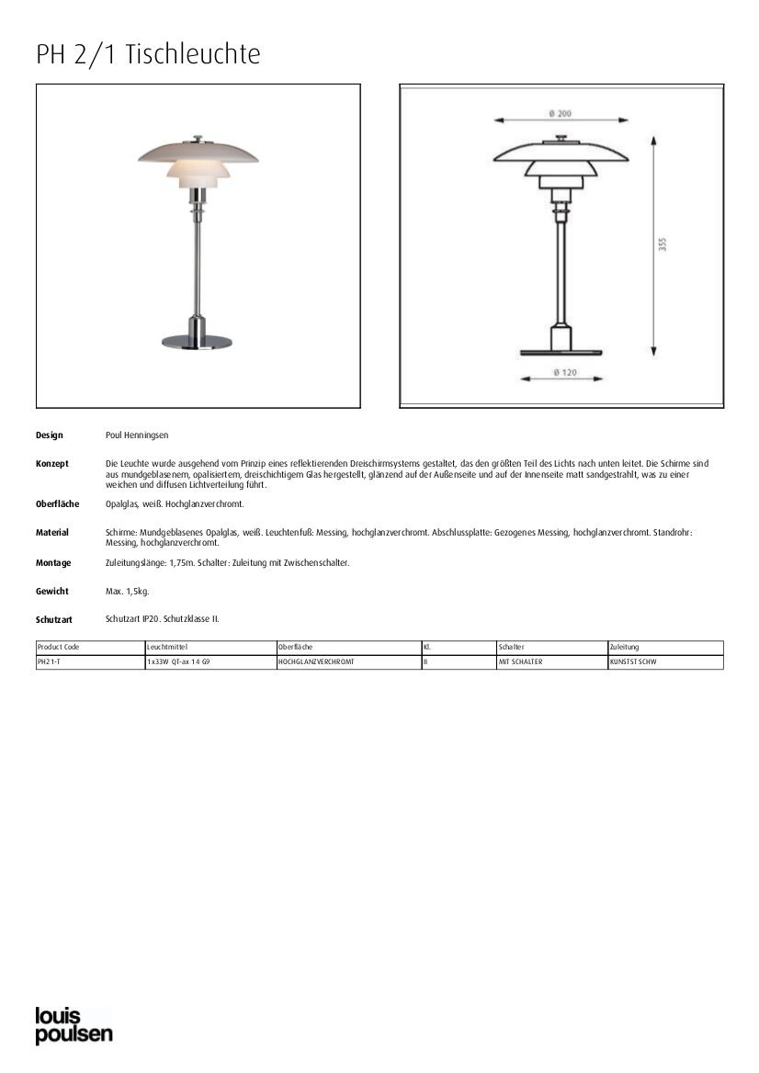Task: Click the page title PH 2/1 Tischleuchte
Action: pyautogui.click(x=148, y=55)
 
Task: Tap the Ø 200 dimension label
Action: pyautogui.click(x=561, y=114)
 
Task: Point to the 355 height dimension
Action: pyautogui.click(x=663, y=244)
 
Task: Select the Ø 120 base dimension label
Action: pyautogui.click(x=563, y=372)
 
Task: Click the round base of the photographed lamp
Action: pyautogui.click(x=198, y=341)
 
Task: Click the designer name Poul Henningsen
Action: pyautogui.click(x=137, y=435)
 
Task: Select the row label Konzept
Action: pyautogui.click(x=52, y=464)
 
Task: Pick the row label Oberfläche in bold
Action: pyautogui.click(x=57, y=504)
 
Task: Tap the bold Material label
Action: pyautogui.click(x=52, y=533)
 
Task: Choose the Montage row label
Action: pyautogui.click(x=53, y=563)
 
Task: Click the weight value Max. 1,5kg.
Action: pyautogui.click(x=127, y=592)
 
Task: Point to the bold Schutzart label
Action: pyautogui.click(x=54, y=620)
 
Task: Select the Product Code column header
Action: pyautogui.click(x=59, y=648)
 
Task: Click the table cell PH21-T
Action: pyautogui.click(x=49, y=661)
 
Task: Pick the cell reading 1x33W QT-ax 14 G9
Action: pyautogui.click(x=178, y=661)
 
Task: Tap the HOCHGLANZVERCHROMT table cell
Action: pyautogui.click(x=315, y=661)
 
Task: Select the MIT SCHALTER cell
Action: pyautogui.click(x=520, y=661)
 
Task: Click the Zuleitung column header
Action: pyautogui.click(x=624, y=648)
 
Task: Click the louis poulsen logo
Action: pyautogui.click(x=74, y=1025)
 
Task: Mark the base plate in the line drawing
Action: pyautogui.click(x=561, y=352)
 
